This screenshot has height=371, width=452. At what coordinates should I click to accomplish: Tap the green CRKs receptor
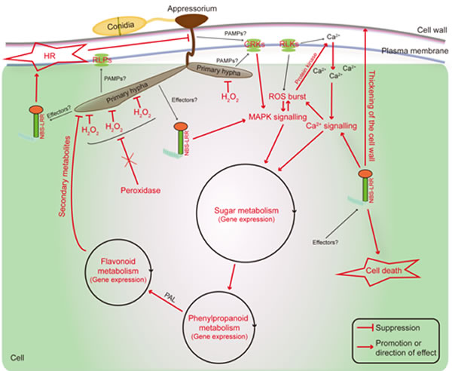253,47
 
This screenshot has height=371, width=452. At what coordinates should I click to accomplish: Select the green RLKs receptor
288,47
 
